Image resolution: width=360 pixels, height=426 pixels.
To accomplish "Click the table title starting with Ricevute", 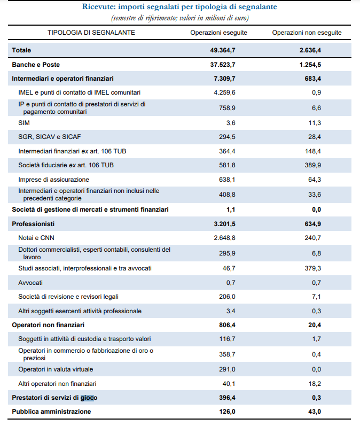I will pyautogui.click(x=179, y=7).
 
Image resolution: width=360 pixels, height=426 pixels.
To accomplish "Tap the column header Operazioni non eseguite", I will pyautogui.click(x=307, y=33).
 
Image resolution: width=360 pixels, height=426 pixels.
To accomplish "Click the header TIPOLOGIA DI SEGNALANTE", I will pyautogui.click(x=91, y=33).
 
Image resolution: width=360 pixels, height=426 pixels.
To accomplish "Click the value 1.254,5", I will pyautogui.click(x=310, y=65).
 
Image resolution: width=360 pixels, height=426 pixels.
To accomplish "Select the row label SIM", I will pyautogui.click(x=24, y=122).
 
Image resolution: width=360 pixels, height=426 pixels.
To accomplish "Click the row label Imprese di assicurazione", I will pyautogui.click(x=53, y=180).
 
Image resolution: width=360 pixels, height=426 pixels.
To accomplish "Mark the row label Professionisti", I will pyautogui.click(x=33, y=223).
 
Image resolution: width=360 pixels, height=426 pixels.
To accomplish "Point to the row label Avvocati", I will pyautogui.click(x=30, y=282).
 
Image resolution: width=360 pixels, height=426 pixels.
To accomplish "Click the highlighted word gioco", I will pyautogui.click(x=89, y=398).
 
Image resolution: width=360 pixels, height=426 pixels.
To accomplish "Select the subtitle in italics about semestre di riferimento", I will pyautogui.click(x=179, y=18).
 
